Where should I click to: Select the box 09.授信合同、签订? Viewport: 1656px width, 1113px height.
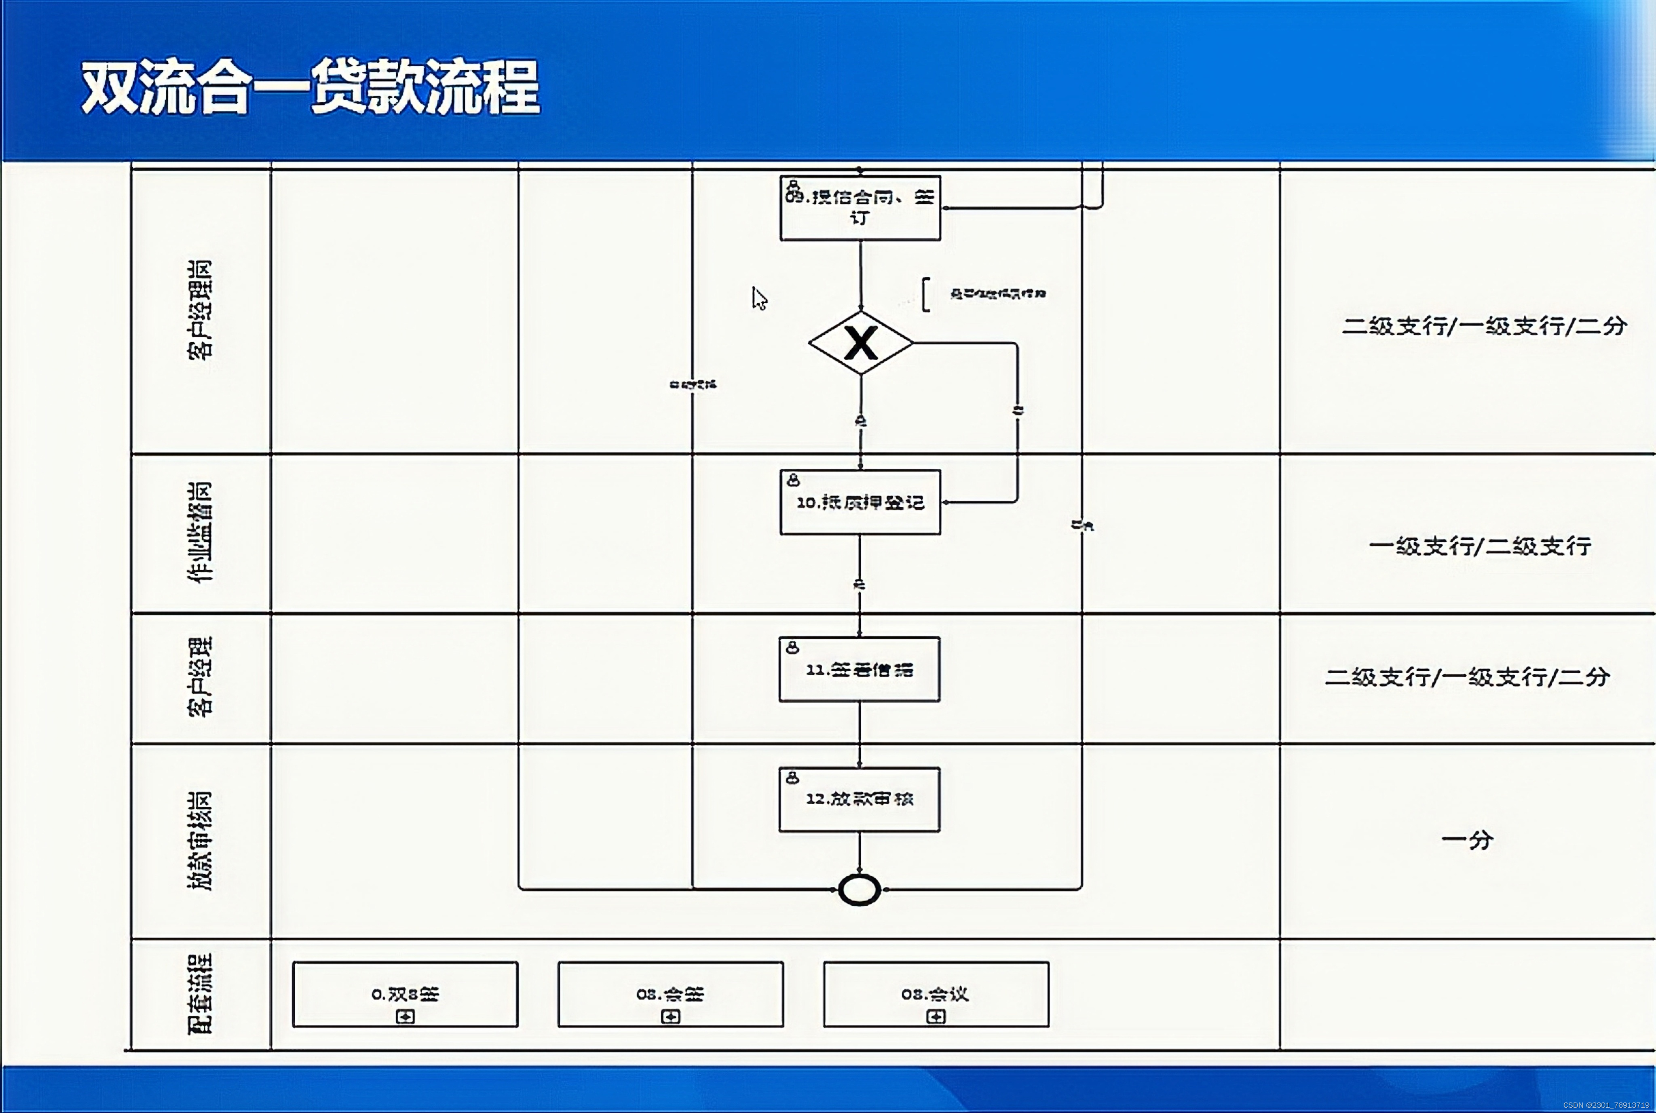coord(860,208)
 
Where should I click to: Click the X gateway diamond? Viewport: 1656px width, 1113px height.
coord(861,343)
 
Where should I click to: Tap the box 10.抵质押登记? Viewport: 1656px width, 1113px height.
coord(860,502)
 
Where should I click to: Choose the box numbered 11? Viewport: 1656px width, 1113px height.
coord(859,669)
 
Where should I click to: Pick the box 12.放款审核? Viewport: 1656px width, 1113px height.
coord(859,799)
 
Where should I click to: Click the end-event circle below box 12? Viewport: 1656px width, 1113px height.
coord(859,890)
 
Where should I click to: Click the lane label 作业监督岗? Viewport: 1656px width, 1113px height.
coord(200,532)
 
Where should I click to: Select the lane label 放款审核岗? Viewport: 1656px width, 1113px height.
coord(200,841)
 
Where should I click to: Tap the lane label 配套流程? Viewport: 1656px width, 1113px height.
coord(200,994)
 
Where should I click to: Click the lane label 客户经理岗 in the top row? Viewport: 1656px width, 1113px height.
coord(200,310)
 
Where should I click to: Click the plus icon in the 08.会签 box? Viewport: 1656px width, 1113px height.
coord(670,1016)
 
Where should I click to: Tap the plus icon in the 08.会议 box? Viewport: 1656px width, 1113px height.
coord(936,1016)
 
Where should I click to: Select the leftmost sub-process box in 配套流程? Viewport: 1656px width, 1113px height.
coord(406,994)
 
